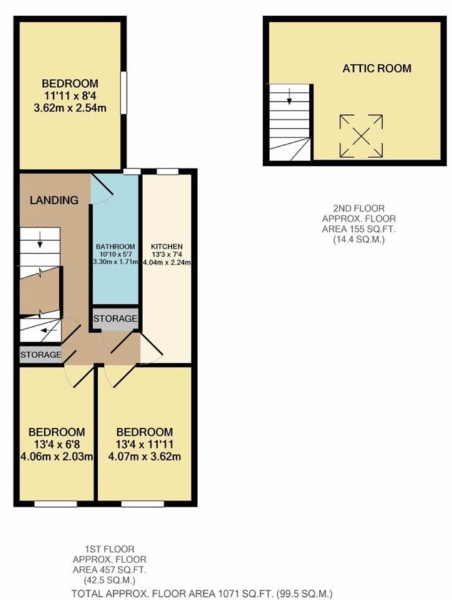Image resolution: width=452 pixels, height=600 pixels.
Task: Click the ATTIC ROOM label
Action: (x=376, y=68)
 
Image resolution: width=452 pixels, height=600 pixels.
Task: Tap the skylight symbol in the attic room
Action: (x=361, y=136)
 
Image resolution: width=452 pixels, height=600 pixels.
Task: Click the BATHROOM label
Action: (x=115, y=246)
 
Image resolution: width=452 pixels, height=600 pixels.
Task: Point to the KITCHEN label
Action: (x=166, y=246)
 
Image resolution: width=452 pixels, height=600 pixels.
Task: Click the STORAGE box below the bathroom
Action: (x=115, y=319)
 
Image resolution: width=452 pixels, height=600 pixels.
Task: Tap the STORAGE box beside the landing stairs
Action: (x=41, y=355)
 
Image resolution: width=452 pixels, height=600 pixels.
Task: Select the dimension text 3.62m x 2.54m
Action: (x=70, y=107)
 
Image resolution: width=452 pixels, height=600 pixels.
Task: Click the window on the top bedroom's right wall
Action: (x=124, y=93)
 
